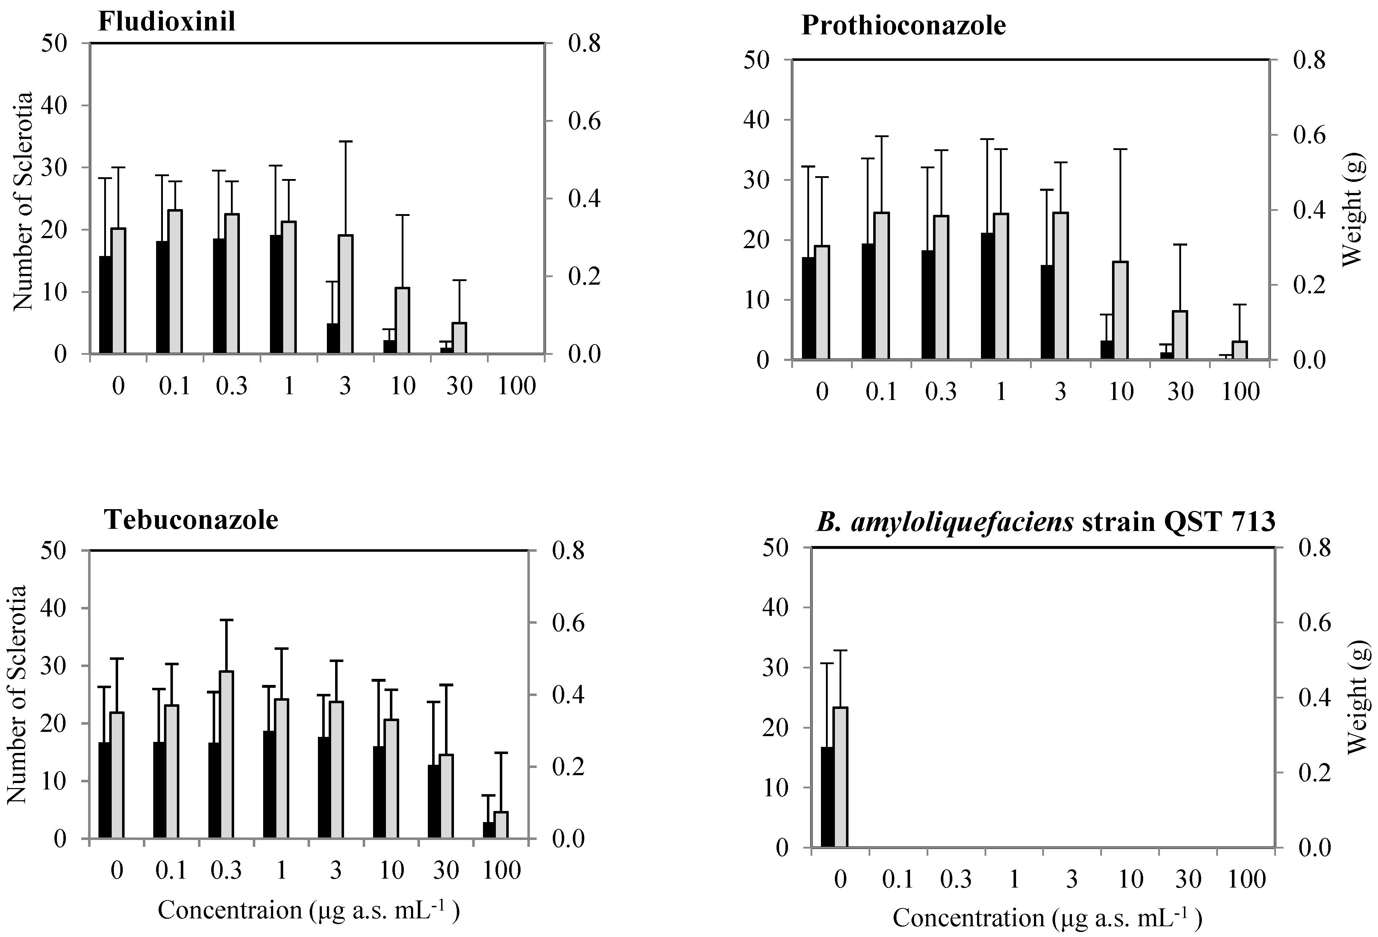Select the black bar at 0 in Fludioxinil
click(105, 305)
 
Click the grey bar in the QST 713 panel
click(841, 777)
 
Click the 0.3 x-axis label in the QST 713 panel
click(956, 879)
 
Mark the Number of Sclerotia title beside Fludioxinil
click(23, 202)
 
